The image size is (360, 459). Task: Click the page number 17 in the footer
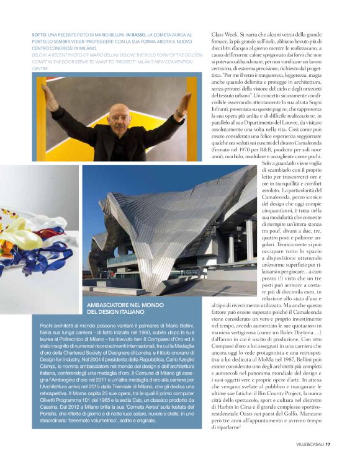(328, 443)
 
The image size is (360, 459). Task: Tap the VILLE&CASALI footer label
(308, 443)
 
